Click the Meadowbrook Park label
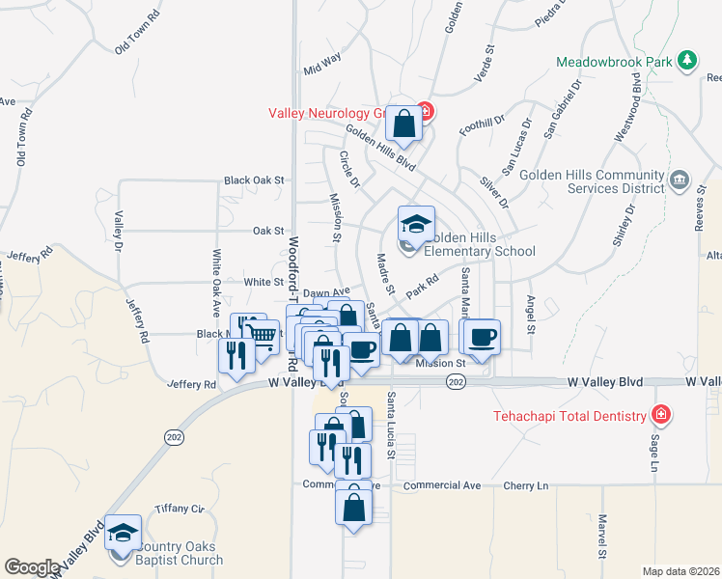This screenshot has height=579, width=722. [x=614, y=62]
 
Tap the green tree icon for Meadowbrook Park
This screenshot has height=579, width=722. [x=687, y=61]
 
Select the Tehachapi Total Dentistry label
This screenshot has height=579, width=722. [x=569, y=416]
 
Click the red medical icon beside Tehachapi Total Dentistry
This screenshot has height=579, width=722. [x=661, y=416]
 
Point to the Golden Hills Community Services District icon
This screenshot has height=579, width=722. [x=679, y=179]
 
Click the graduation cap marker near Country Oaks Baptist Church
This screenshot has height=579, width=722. [x=124, y=533]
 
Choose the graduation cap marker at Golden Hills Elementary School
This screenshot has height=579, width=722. [x=416, y=225]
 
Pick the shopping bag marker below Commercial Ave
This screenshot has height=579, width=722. [x=354, y=505]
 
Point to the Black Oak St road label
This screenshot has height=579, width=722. [x=254, y=179]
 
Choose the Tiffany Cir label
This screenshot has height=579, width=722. [x=185, y=509]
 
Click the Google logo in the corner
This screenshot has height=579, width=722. [x=32, y=566]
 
